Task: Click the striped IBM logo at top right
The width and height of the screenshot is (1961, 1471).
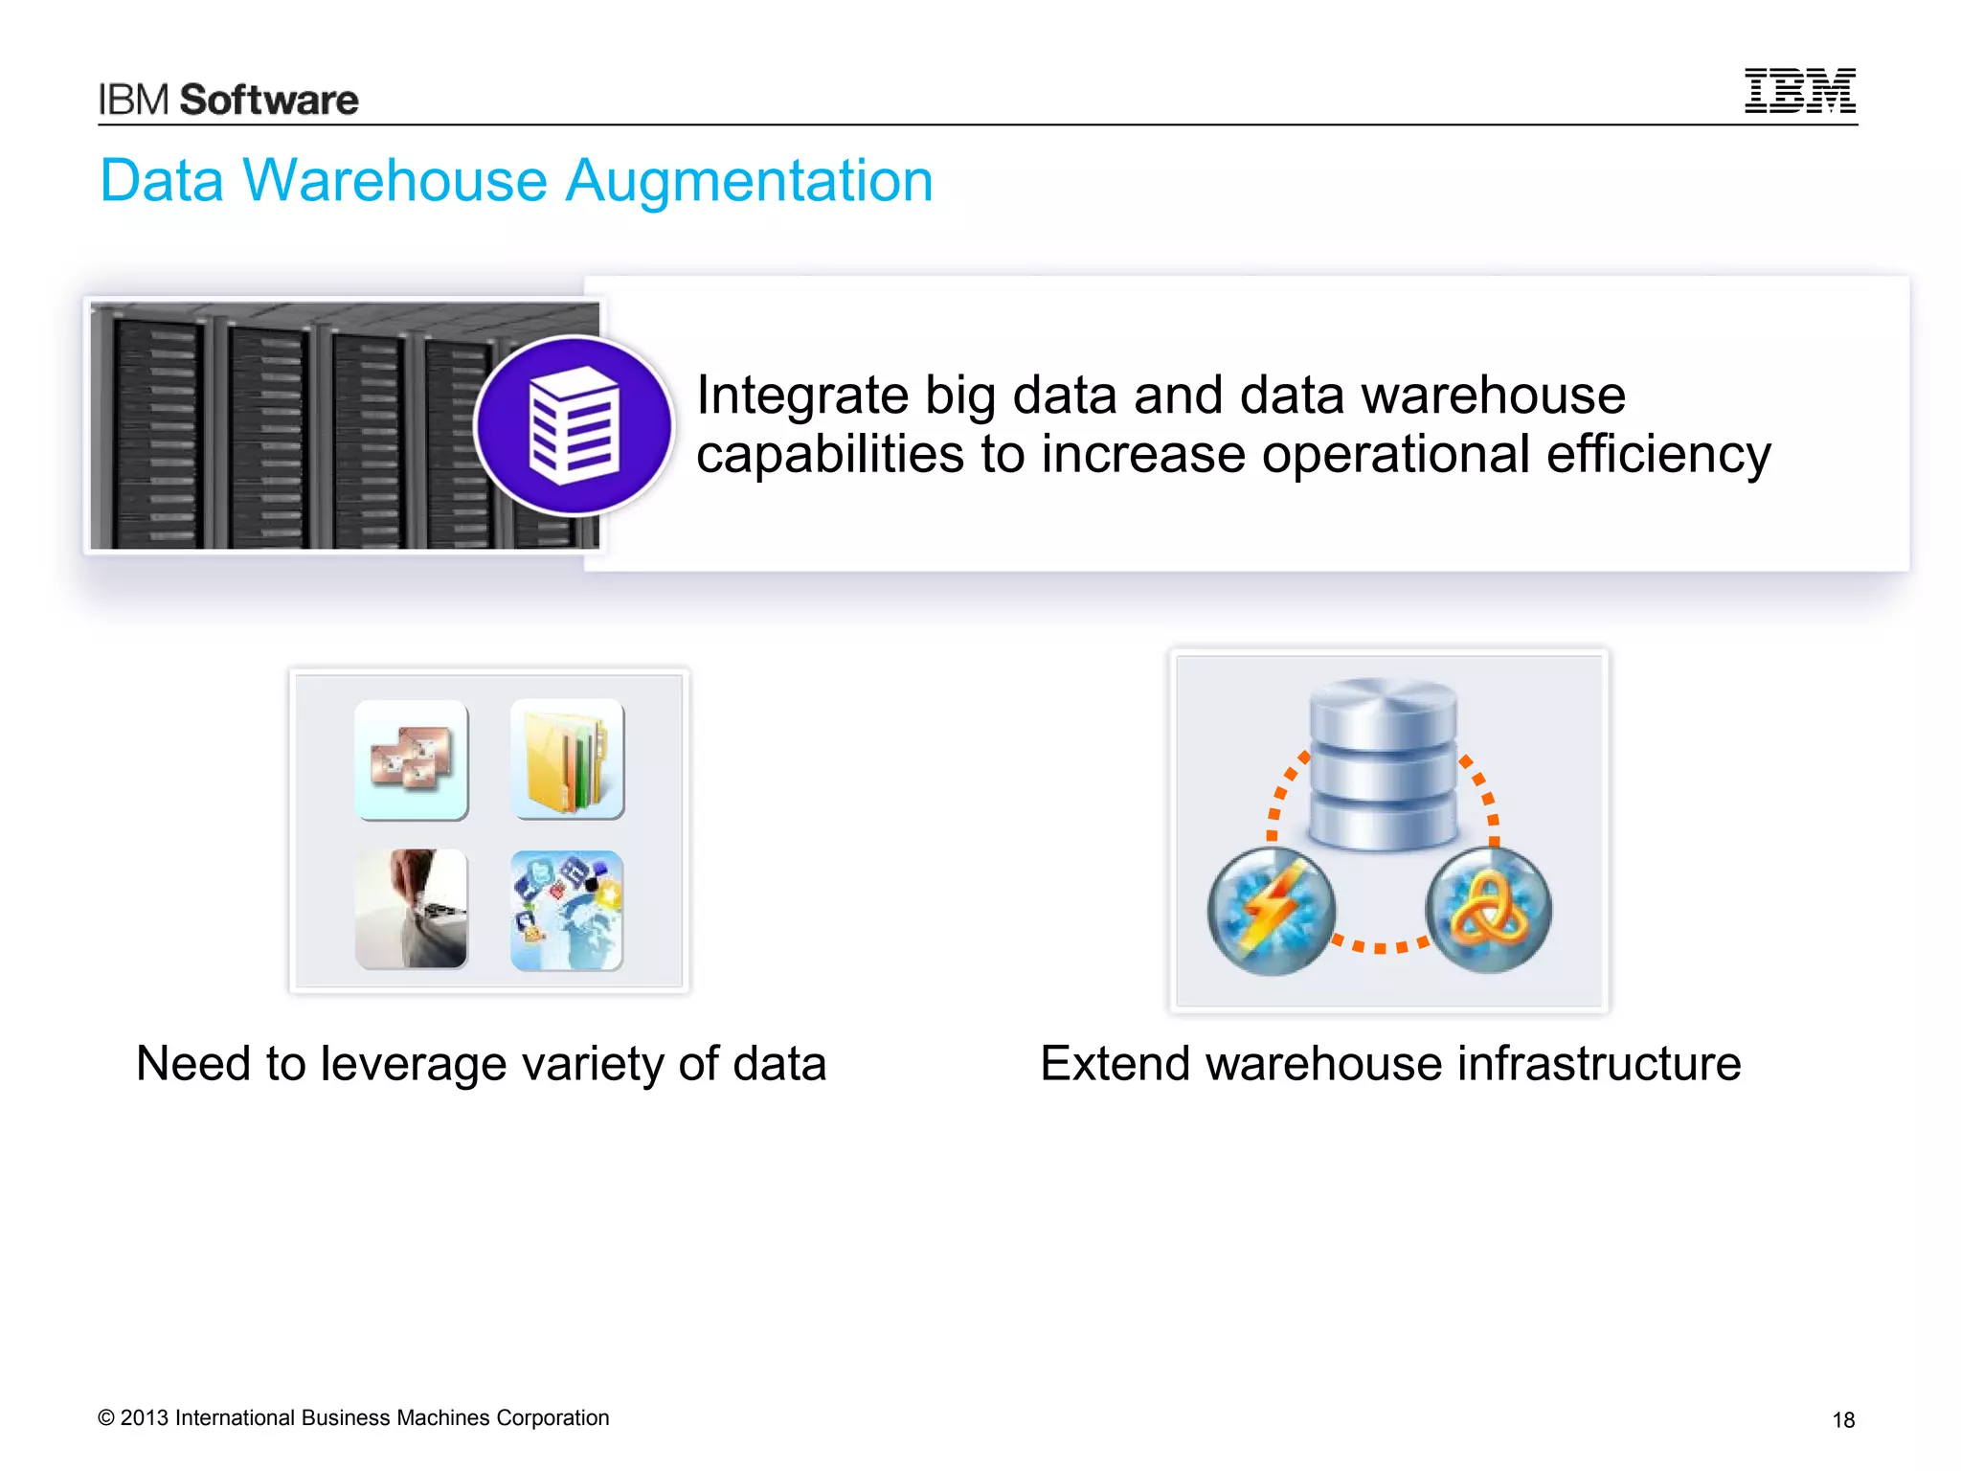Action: (x=1799, y=91)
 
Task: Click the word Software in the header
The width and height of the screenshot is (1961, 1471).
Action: (x=269, y=100)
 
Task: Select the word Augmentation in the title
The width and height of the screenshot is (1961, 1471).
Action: (x=749, y=182)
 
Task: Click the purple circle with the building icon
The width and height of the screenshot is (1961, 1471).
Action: (x=574, y=426)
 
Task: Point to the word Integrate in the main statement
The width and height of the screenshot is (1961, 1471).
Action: (x=802, y=396)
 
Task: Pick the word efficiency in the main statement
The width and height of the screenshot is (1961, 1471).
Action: (x=1658, y=454)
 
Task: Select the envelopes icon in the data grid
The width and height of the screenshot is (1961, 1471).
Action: (x=412, y=760)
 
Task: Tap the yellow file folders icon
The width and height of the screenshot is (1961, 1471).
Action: (x=567, y=758)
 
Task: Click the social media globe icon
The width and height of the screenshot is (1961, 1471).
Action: (x=567, y=911)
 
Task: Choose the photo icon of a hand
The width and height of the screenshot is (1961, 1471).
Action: (x=412, y=909)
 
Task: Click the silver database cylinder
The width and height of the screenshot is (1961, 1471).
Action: (x=1383, y=763)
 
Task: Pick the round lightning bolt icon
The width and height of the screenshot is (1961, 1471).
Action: (x=1272, y=911)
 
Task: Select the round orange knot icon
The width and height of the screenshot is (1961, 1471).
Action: (x=1488, y=911)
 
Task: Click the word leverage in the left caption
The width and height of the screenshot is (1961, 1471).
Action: (x=414, y=1064)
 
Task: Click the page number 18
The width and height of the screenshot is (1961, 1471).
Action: (x=1843, y=1420)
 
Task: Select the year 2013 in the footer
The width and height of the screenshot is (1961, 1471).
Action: (x=144, y=1418)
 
